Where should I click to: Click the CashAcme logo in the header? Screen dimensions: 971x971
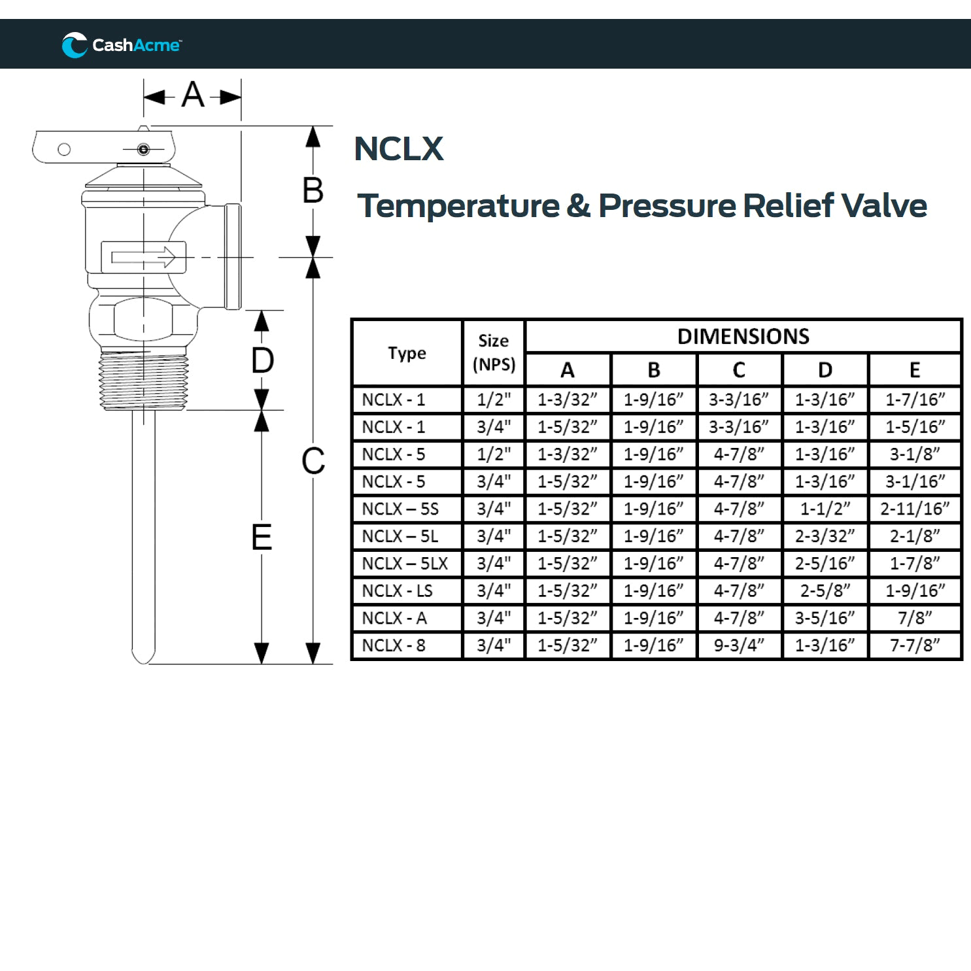pyautogui.click(x=122, y=45)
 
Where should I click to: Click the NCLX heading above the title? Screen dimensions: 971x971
pyautogui.click(x=398, y=149)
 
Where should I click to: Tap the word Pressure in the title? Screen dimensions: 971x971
pyautogui.click(x=666, y=206)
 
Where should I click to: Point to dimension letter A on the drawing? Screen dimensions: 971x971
pyautogui.click(x=193, y=95)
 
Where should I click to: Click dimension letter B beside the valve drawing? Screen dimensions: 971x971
pyautogui.click(x=313, y=191)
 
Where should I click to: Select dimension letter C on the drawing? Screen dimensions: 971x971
pyautogui.click(x=313, y=462)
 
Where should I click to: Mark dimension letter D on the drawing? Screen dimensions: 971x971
pyautogui.click(x=262, y=361)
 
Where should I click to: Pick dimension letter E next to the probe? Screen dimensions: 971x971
pyautogui.click(x=262, y=537)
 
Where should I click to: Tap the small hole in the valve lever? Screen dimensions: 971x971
pyautogui.click(x=64, y=149)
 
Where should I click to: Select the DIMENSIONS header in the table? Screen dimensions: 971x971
pyautogui.click(x=743, y=337)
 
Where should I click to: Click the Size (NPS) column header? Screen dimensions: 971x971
pyautogui.click(x=494, y=353)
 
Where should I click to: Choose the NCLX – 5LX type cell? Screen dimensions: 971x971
pyautogui.click(x=405, y=564)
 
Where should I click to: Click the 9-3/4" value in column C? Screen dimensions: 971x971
pyautogui.click(x=739, y=645)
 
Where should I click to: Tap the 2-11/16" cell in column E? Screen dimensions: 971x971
pyautogui.click(x=914, y=509)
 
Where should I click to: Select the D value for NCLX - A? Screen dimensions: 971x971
pyautogui.click(x=825, y=618)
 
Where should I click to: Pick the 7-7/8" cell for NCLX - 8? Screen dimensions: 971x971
pyautogui.click(x=914, y=645)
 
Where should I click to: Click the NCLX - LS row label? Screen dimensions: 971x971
pyautogui.click(x=398, y=591)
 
